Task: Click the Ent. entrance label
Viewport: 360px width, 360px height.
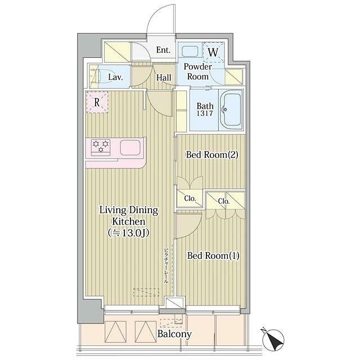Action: coord(163,50)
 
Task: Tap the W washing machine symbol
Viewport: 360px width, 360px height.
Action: coord(213,52)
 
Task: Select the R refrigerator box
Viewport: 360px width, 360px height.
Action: coord(97,102)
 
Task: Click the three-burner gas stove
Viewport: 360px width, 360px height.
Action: coord(101,146)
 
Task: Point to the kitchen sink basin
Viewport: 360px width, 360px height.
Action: coord(130,147)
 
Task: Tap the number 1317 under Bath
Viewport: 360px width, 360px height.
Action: coord(205,113)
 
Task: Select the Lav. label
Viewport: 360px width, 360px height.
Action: coord(115,77)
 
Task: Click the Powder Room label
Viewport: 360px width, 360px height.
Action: coord(197,71)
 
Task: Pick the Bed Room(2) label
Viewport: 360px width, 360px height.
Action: coord(212,155)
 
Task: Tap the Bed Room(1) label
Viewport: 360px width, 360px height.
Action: coord(213,255)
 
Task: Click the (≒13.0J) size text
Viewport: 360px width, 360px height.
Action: coord(129,233)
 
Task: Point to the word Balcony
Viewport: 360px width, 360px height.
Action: coord(174,334)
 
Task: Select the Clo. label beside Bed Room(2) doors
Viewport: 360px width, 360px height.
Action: coord(190,199)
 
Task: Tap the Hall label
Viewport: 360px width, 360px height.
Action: coord(164,78)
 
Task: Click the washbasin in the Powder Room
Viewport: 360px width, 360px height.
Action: coord(191,51)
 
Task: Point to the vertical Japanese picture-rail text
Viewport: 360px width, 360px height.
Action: coord(166,266)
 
